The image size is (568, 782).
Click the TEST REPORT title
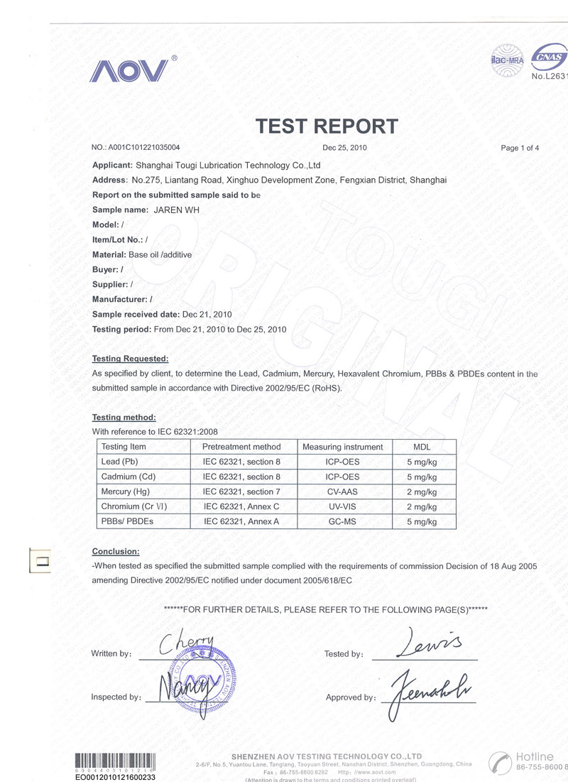327,126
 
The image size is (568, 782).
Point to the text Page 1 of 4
520,148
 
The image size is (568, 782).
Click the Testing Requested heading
131,359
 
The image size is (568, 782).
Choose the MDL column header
422,447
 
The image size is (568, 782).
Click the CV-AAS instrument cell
342,492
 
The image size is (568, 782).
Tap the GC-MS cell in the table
342,521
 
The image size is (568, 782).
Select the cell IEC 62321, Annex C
241,506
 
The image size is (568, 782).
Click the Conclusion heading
116,552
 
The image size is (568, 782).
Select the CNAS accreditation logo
550,58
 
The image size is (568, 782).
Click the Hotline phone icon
501,764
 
